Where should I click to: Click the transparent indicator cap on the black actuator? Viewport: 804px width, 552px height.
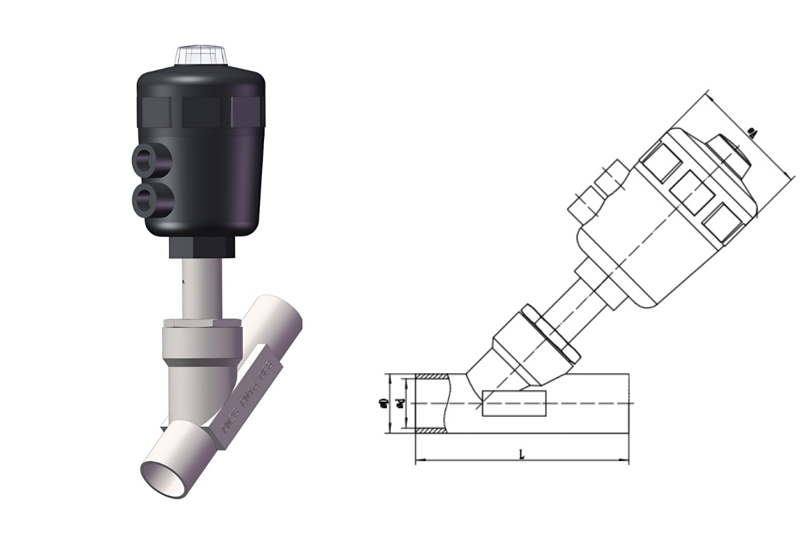[201, 56]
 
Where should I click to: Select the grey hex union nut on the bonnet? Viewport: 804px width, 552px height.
[200, 335]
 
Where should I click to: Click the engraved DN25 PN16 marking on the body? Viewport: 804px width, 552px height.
[248, 395]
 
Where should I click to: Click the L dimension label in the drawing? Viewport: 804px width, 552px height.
[522, 454]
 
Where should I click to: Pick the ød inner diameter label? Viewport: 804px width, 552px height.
[400, 403]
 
